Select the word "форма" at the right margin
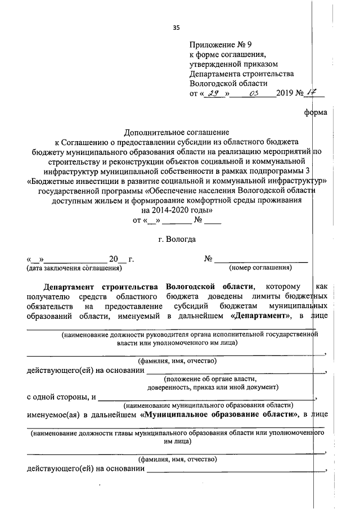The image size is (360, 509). (314, 112)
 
